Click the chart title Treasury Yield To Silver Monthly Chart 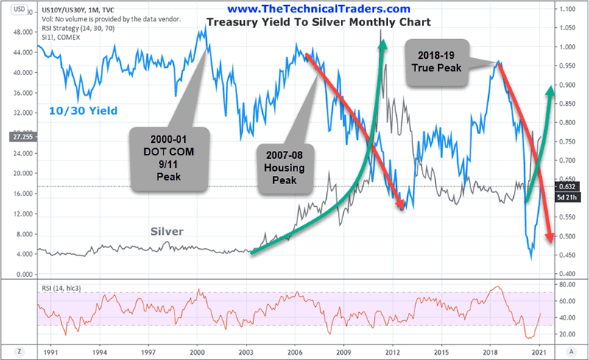tap(318, 22)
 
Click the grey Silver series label tap(166, 231)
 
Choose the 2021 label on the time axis tap(540, 352)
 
